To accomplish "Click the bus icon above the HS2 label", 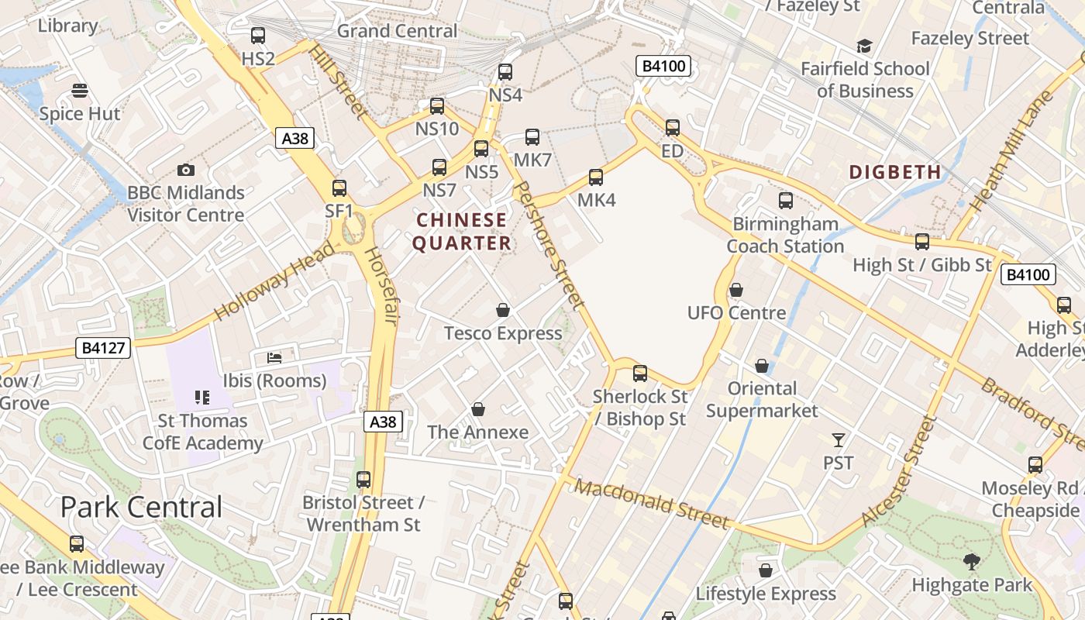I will [x=258, y=35].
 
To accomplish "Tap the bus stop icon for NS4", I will [x=505, y=72].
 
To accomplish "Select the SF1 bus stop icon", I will [x=339, y=188].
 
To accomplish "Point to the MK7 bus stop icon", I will [x=532, y=137].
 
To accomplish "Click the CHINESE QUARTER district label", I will [x=462, y=232].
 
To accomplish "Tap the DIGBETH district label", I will [x=895, y=172].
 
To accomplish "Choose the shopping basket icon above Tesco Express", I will [x=503, y=311].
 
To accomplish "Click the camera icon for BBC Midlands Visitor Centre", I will [x=186, y=170].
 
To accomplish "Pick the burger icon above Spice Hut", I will [x=79, y=91].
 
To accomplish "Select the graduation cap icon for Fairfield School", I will [x=864, y=46].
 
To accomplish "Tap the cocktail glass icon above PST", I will [x=838, y=440].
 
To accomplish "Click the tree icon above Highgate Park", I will [x=971, y=562].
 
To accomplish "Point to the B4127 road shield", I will [x=104, y=348].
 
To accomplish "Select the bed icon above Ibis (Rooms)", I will [x=274, y=357].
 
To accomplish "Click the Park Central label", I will [x=141, y=507].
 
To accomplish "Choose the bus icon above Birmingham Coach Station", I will [x=786, y=201].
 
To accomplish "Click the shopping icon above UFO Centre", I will [x=736, y=290].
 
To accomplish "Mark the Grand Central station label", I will [x=397, y=31].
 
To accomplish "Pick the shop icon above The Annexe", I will [x=478, y=409].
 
